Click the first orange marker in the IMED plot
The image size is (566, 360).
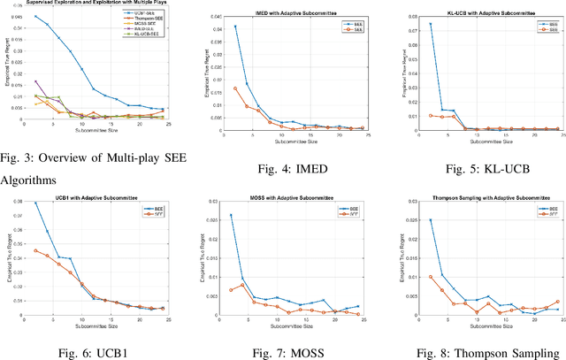coord(234,88)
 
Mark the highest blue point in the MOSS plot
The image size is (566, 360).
coord(231,215)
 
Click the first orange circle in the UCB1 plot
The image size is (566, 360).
coord(35,250)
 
